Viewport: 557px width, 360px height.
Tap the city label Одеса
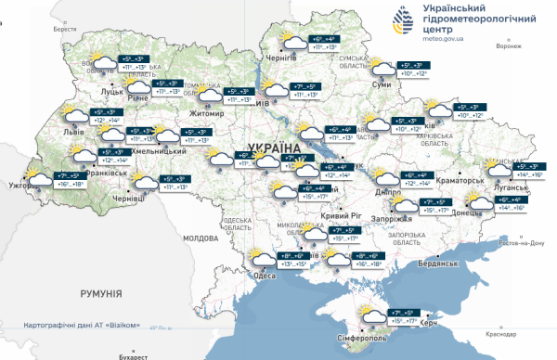click(265, 275)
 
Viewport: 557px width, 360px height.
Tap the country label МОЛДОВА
click(200, 238)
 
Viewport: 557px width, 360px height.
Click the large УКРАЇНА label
click(276, 148)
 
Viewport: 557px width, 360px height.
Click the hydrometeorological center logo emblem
click(402, 19)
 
